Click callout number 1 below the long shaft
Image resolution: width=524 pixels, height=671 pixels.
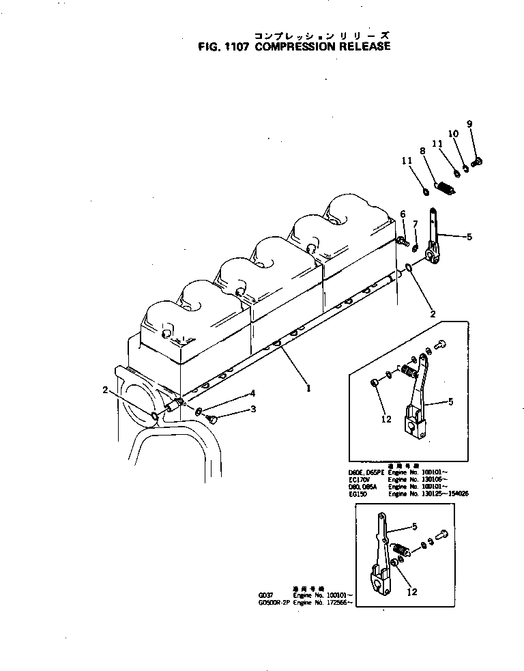click(308, 388)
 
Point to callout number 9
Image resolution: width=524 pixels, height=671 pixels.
click(469, 124)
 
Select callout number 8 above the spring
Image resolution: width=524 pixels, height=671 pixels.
click(423, 151)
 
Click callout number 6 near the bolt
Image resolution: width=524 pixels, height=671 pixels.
click(402, 214)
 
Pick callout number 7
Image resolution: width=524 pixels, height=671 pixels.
click(415, 225)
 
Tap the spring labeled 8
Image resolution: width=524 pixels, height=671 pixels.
click(444, 186)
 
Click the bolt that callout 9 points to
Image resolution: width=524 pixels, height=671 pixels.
click(477, 161)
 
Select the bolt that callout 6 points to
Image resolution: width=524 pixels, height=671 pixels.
click(402, 240)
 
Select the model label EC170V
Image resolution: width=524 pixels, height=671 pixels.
click(359, 480)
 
